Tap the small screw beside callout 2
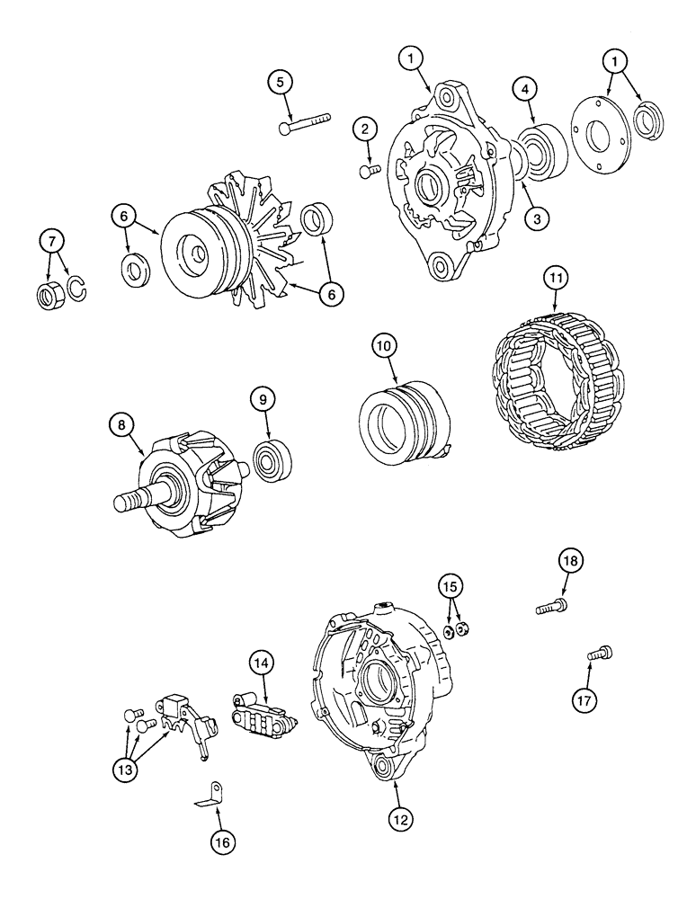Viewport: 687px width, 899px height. tap(366, 170)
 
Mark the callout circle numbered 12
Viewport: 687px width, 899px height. tap(402, 818)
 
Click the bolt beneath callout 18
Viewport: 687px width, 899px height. tap(550, 608)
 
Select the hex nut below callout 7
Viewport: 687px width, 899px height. tap(49, 295)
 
